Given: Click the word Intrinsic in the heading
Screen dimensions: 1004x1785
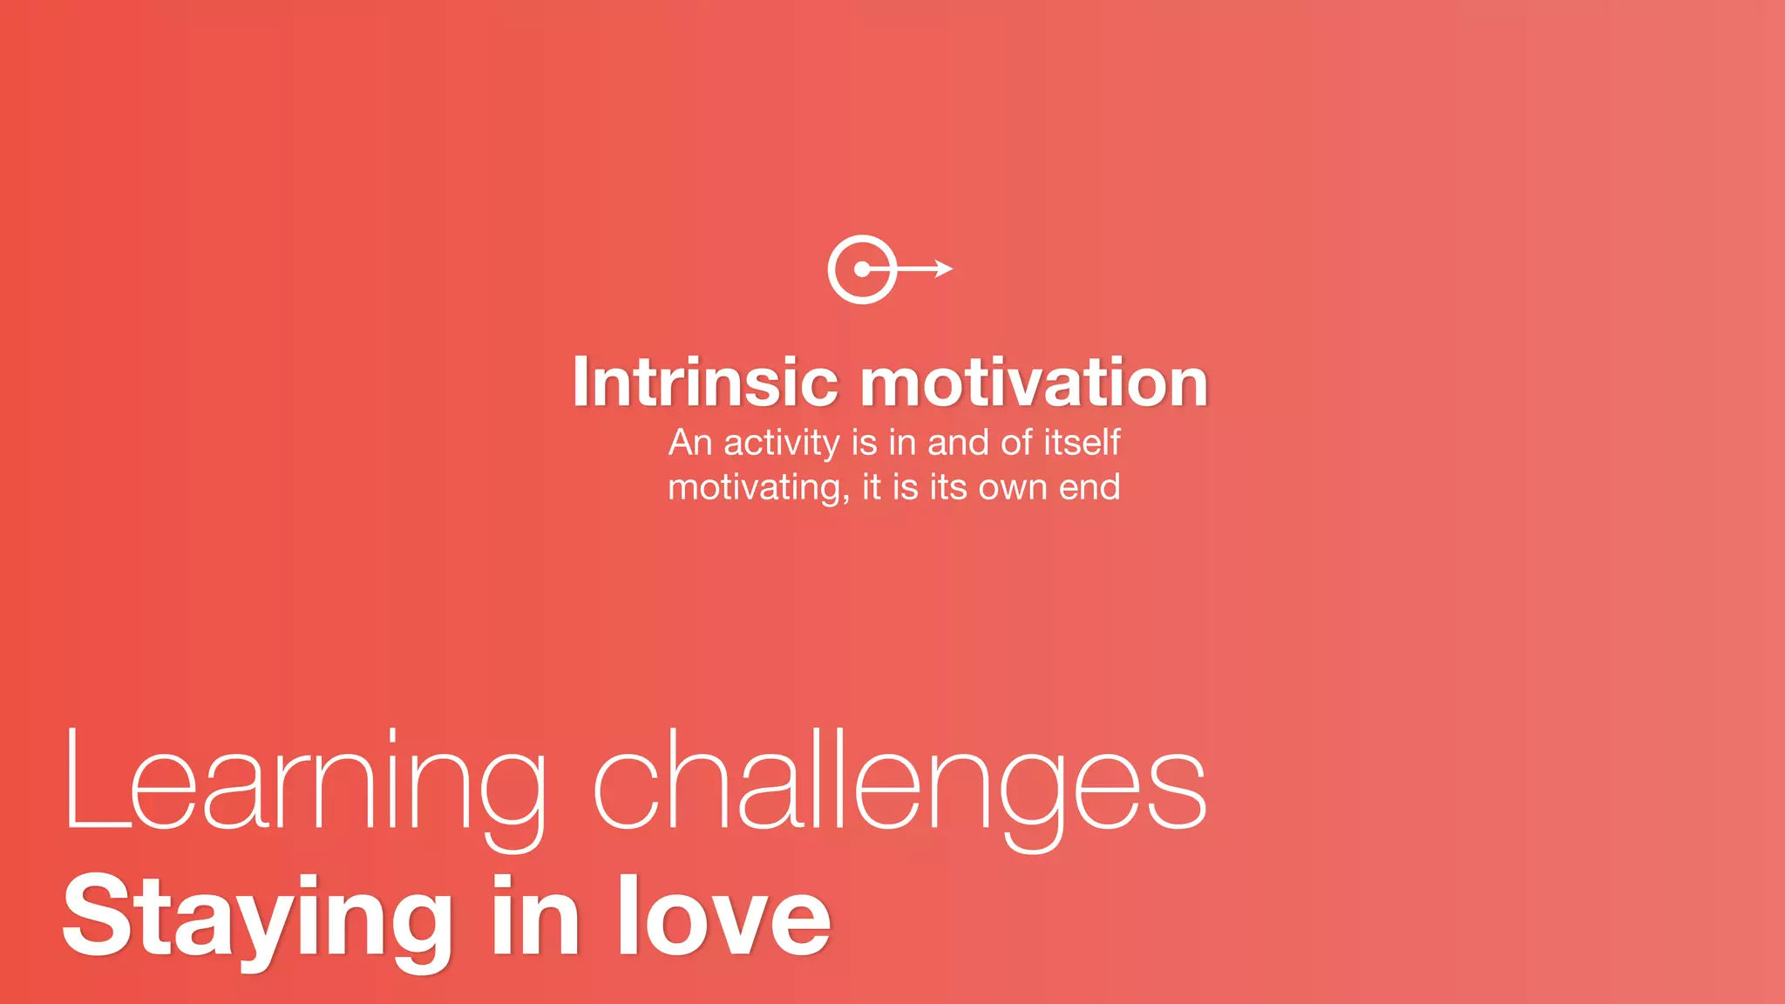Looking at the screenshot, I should (x=705, y=383).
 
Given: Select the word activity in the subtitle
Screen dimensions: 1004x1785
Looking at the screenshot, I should (x=781, y=444).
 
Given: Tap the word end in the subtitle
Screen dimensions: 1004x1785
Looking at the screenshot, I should (x=1089, y=487).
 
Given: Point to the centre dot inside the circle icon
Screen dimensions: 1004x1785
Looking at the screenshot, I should (x=861, y=269).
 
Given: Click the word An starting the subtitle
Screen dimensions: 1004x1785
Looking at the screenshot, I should (x=690, y=443).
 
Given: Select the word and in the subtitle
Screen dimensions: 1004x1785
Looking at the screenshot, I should (x=959, y=443).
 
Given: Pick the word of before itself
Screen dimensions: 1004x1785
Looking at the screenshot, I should (x=1017, y=443).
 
